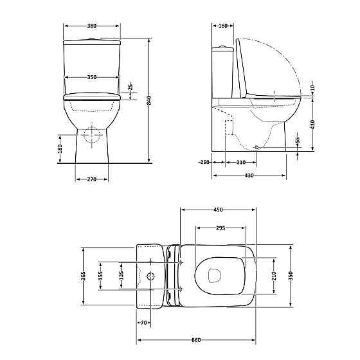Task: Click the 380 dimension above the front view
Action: tap(91, 26)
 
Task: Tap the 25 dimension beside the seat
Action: tap(130, 86)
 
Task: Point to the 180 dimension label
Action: tap(60, 148)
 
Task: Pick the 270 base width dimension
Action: tap(92, 179)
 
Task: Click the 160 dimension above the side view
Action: tap(222, 26)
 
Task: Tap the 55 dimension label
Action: tap(298, 139)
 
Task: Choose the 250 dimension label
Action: tap(204, 163)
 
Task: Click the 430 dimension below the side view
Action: tap(249, 175)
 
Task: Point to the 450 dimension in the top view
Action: tap(218, 210)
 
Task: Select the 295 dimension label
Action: tap(220, 228)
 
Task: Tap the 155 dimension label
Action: tap(100, 276)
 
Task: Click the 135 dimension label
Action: tap(122, 276)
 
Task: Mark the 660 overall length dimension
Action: tap(197, 339)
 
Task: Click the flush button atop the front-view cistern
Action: tap(92, 39)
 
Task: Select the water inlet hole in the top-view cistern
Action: tap(152, 276)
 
